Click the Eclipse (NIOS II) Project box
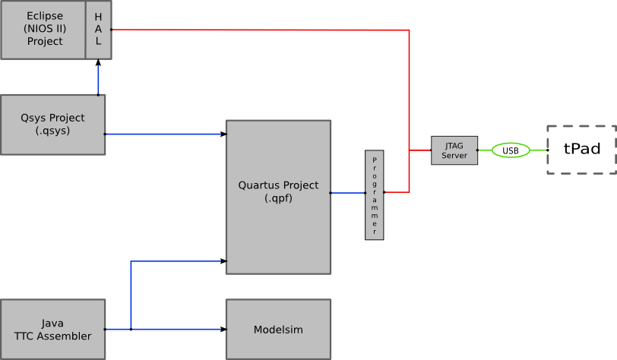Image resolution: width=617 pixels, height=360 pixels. click(44, 30)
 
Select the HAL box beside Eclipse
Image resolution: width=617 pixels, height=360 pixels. click(99, 30)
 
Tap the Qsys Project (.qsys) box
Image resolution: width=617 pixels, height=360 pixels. click(52, 125)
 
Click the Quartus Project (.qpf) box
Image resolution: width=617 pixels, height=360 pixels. click(278, 197)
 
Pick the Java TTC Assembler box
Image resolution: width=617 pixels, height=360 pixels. click(52, 329)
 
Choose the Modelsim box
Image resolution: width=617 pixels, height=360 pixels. click(278, 329)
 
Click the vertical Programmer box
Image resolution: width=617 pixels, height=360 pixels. click(374, 195)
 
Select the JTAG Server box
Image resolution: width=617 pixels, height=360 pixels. click(454, 150)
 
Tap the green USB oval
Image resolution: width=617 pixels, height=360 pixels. click(511, 150)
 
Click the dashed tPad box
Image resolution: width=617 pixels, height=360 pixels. click(582, 150)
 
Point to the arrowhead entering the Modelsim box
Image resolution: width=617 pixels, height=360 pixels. click(223, 329)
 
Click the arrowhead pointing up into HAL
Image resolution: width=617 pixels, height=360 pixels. click(98, 63)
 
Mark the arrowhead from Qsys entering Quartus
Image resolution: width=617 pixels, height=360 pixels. click(223, 134)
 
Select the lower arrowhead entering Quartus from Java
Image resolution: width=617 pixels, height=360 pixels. click(223, 261)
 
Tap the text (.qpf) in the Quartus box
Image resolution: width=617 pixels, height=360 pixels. click(278, 198)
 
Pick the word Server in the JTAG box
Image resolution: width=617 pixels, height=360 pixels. click(454, 156)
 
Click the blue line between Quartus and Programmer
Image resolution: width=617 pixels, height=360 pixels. click(347, 193)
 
